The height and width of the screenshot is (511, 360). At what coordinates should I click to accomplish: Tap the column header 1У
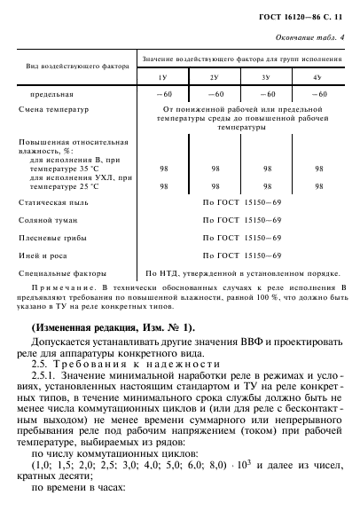(162, 78)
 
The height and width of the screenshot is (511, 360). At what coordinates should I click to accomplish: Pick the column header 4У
(317, 78)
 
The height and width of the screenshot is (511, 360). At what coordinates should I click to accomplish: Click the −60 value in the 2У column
(214, 93)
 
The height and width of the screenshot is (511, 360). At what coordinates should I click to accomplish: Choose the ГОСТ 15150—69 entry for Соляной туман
(240, 221)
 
